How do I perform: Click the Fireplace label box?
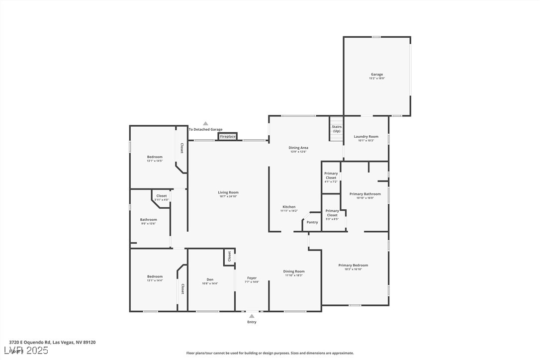click(x=228, y=136)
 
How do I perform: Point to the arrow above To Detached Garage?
click(x=205, y=123)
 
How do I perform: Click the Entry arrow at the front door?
click(x=252, y=316)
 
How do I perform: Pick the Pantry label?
click(x=312, y=222)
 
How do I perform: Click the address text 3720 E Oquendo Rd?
click(x=52, y=342)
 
